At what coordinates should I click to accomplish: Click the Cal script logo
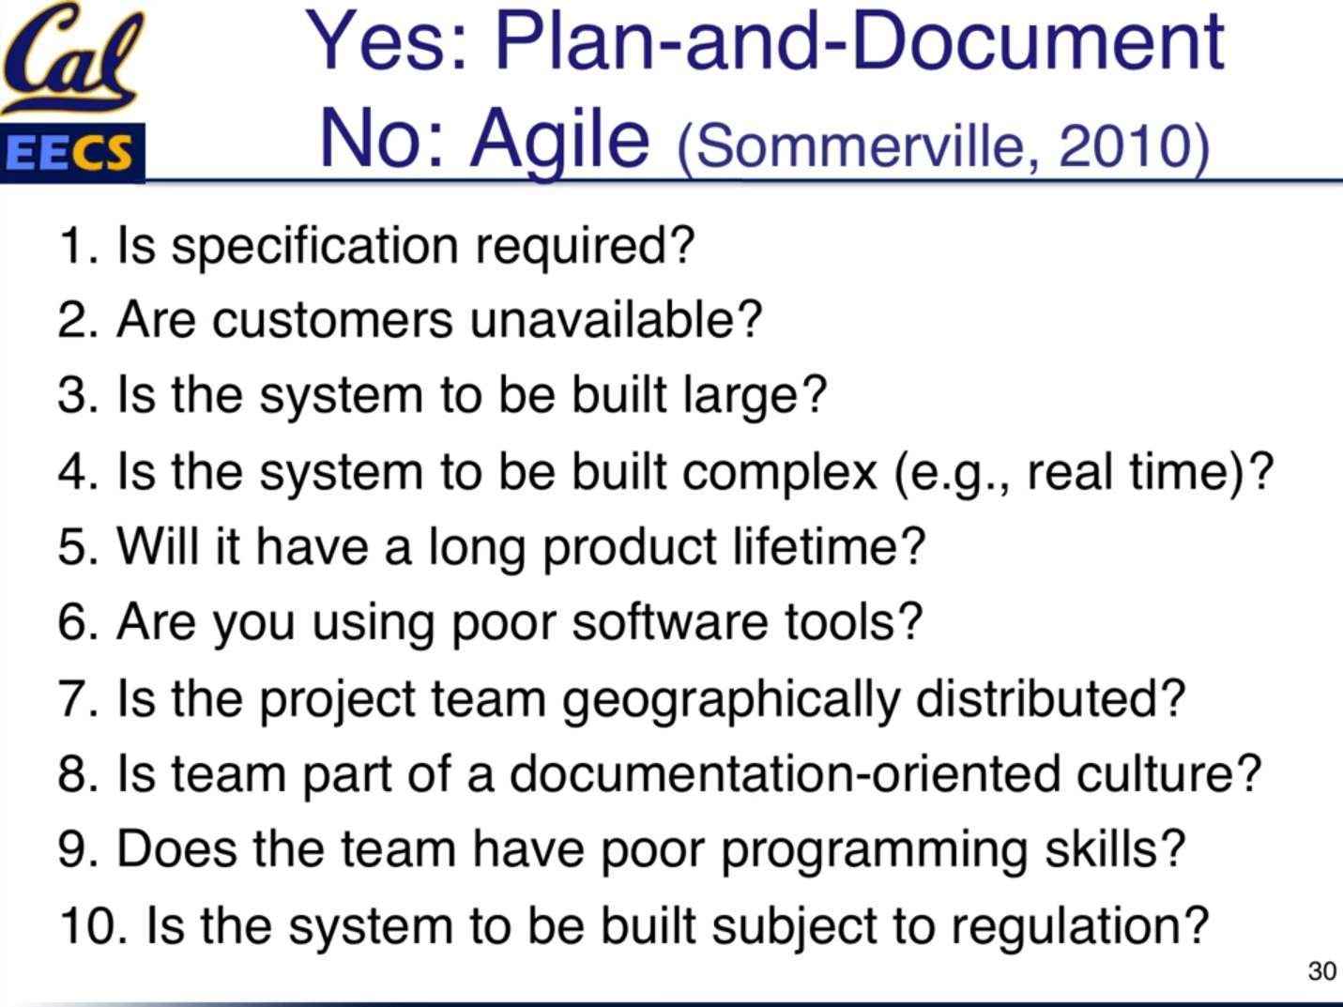pos(73,58)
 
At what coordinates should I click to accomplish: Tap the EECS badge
pos(72,153)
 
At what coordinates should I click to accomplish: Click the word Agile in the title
pos(559,140)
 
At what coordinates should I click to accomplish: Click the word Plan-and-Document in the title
pos(859,41)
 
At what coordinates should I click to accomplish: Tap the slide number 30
pos(1321,971)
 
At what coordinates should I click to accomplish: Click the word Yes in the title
pos(381,41)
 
